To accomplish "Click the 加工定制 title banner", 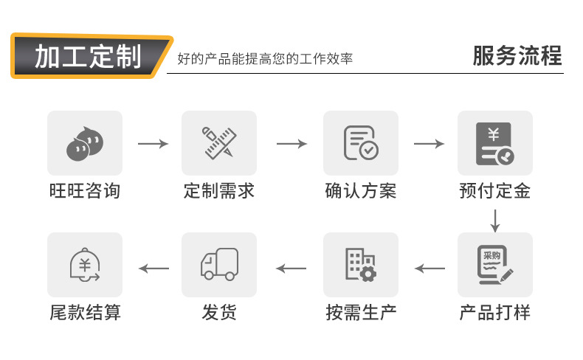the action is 89,56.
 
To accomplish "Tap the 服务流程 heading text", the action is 517,56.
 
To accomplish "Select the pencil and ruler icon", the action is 219,143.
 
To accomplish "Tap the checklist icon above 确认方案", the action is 360,143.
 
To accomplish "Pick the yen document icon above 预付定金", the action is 494,143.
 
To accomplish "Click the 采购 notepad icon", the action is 494,265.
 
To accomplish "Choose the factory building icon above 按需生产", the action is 360,265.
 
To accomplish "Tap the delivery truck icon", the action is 219,265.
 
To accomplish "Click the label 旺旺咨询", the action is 84,191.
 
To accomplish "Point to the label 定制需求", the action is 219,191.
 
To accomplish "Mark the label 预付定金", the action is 494,191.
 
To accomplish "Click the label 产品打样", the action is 494,312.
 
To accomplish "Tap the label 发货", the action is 219,312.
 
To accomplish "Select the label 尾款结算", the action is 84,312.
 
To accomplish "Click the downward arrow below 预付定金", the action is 495,219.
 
